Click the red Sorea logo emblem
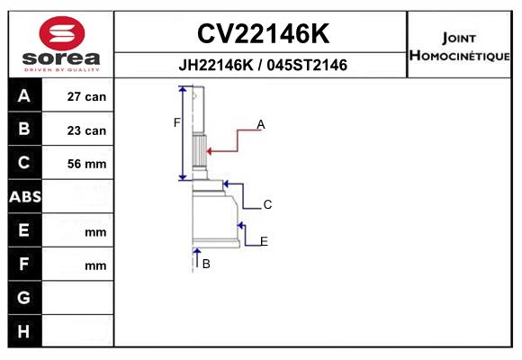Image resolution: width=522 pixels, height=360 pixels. pos(62,33)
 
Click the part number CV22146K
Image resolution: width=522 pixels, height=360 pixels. pos(263,33)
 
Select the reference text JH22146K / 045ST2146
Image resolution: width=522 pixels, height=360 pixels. pos(263,65)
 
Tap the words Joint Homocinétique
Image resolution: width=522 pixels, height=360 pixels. pos(459,47)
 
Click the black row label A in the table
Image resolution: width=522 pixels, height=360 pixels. pos(24,96)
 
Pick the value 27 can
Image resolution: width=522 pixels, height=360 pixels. pos(86,96)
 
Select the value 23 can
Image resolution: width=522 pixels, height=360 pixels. pos(86,130)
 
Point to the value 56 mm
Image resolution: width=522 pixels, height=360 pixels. pos(86,164)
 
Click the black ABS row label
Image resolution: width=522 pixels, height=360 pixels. pos(25,196)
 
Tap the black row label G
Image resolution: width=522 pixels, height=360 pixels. pos(24,297)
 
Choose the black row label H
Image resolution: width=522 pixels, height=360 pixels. pos(23,331)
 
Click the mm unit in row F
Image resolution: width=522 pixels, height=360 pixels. pos(95,266)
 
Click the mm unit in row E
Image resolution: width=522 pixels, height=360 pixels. pos(95,232)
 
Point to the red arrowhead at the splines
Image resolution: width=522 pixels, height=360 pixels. pos(209,151)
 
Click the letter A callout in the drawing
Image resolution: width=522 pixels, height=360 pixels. pos(261,124)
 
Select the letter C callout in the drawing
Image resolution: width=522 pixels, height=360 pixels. pos(267,204)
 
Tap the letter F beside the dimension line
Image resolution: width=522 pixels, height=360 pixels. pos(176,122)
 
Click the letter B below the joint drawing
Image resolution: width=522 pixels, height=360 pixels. pos(206,264)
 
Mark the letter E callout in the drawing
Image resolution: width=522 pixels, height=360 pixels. pos(264,241)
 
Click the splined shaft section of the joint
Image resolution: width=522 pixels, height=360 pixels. pos(200,150)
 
